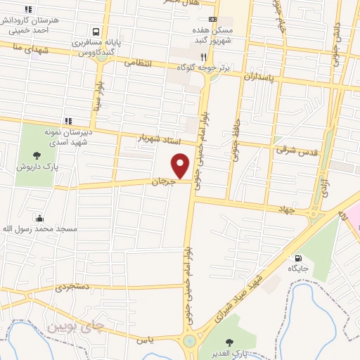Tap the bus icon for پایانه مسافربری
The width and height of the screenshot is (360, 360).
tap(95, 31)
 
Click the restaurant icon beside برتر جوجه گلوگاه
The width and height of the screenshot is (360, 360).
tap(202, 56)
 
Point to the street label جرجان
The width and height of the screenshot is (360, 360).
tap(162, 181)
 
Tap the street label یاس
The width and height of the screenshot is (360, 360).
tap(146, 340)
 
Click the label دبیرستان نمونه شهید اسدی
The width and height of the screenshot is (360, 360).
tap(65, 133)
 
